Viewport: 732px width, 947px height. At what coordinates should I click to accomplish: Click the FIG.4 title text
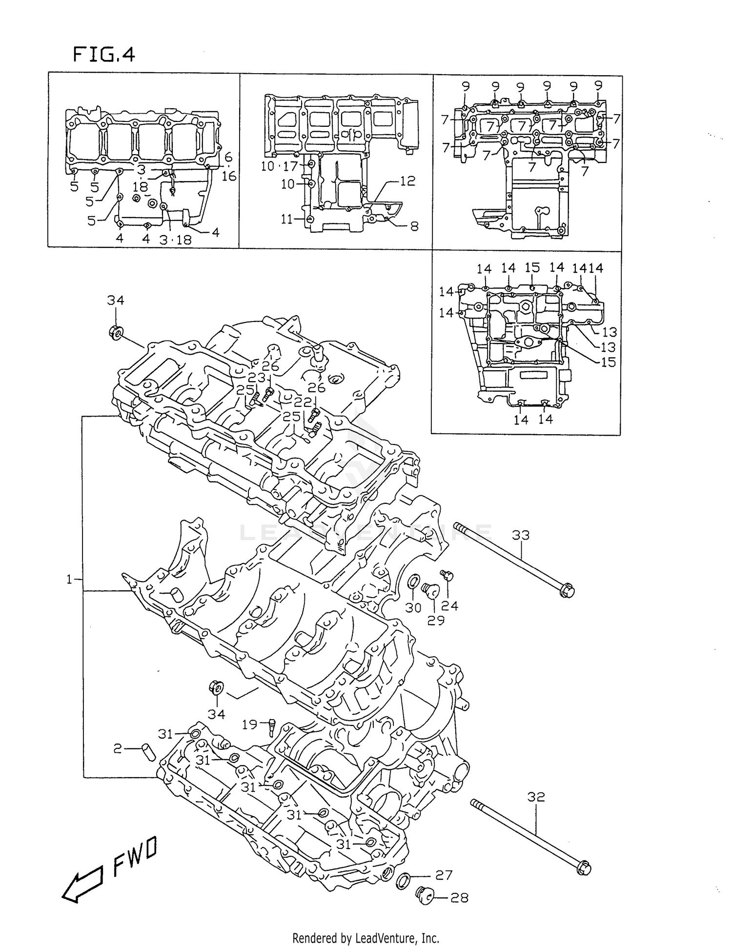(104, 54)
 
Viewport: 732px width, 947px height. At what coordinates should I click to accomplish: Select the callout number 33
(521, 535)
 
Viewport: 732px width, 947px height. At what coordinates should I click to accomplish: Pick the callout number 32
(536, 797)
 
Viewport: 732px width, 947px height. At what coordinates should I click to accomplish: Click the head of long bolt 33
(567, 590)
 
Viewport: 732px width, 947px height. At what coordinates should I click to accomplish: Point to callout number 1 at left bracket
(69, 579)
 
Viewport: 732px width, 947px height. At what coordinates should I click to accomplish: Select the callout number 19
(249, 724)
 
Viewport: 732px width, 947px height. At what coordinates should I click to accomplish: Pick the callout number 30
(413, 607)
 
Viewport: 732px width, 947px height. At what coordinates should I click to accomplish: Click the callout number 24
(449, 605)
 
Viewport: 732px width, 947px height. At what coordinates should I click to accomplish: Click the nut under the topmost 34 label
(116, 333)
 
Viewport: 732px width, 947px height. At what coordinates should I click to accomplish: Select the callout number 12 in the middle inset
(407, 181)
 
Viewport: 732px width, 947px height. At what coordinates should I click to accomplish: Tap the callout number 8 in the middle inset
(414, 226)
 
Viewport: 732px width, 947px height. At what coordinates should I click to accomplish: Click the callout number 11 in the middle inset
(287, 219)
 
